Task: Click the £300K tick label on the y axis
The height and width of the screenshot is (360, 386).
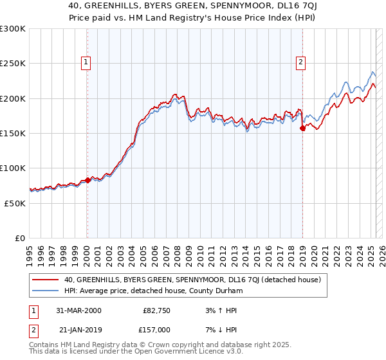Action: click(13, 29)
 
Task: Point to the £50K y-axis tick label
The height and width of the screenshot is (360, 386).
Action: click(15, 203)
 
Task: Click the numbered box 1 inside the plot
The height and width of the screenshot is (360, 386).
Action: click(86, 62)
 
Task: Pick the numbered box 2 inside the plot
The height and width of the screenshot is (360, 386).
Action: click(300, 62)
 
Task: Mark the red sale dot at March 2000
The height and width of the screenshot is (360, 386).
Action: click(88, 180)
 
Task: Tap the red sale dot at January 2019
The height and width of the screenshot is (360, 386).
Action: click(302, 129)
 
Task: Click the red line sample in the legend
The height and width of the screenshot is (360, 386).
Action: click(45, 280)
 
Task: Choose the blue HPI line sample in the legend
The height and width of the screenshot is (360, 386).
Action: click(45, 291)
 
